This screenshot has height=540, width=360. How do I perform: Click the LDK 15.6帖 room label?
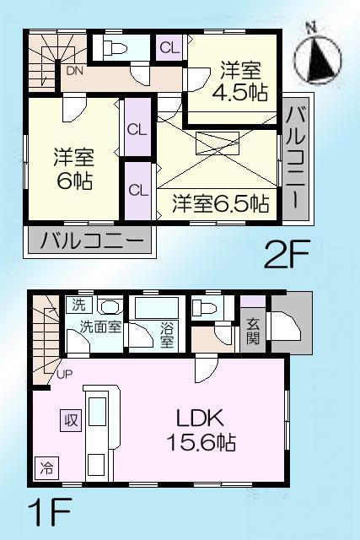(198, 429)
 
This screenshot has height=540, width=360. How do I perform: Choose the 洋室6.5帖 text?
(221, 203)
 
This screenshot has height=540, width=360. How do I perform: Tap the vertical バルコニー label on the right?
(296, 159)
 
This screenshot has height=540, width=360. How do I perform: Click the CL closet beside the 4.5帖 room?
(169, 48)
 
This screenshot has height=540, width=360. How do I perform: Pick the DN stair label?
(74, 72)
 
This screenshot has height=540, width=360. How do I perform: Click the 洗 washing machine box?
(78, 305)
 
